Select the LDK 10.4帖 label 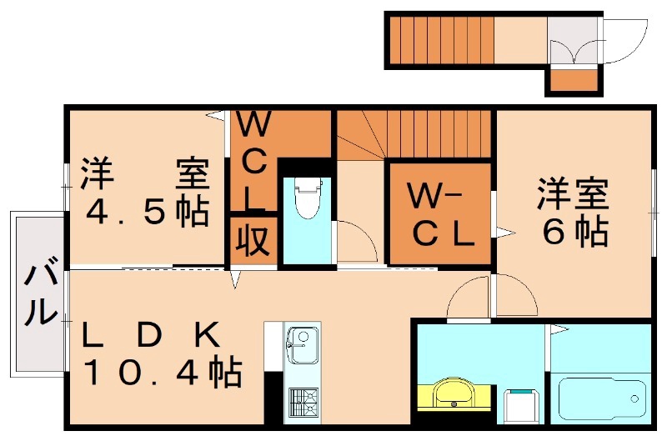[x=163, y=354]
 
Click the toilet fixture [x=307, y=199]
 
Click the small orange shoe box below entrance [x=573, y=81]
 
